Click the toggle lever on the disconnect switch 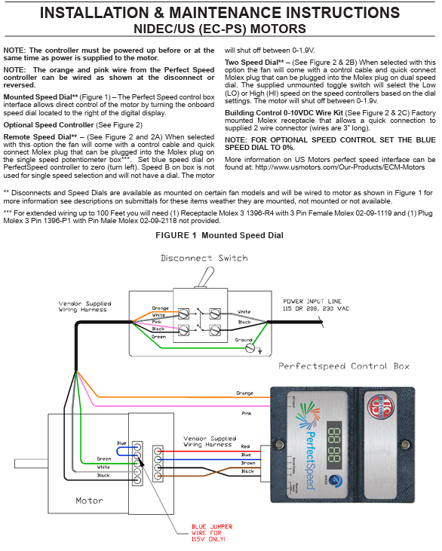pyautogui.click(x=206, y=277)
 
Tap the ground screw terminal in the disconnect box pyautogui.click(x=250, y=348)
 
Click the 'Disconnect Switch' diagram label pyautogui.click(x=204, y=258)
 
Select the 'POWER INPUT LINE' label pyautogui.click(x=312, y=302)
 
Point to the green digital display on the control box pyautogui.click(x=334, y=445)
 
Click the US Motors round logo pyautogui.click(x=381, y=407)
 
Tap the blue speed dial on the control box pyautogui.click(x=336, y=480)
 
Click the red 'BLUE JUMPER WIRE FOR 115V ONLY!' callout pyautogui.click(x=212, y=533)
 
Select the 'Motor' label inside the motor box pyautogui.click(x=89, y=500)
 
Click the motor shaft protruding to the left pyautogui.click(x=31, y=464)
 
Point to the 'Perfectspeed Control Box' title pyautogui.click(x=344, y=366)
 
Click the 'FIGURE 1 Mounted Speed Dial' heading pyautogui.click(x=219, y=235)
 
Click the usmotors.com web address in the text pyautogui.click(x=339, y=167)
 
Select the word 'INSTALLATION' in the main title pyautogui.click(x=94, y=13)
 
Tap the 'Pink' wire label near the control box pyautogui.click(x=247, y=413)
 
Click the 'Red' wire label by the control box pyautogui.click(x=245, y=446)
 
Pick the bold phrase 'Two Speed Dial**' pyautogui.click(x=255, y=63)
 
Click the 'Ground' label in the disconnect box pyautogui.click(x=244, y=340)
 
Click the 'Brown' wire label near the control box pyautogui.click(x=248, y=463)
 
